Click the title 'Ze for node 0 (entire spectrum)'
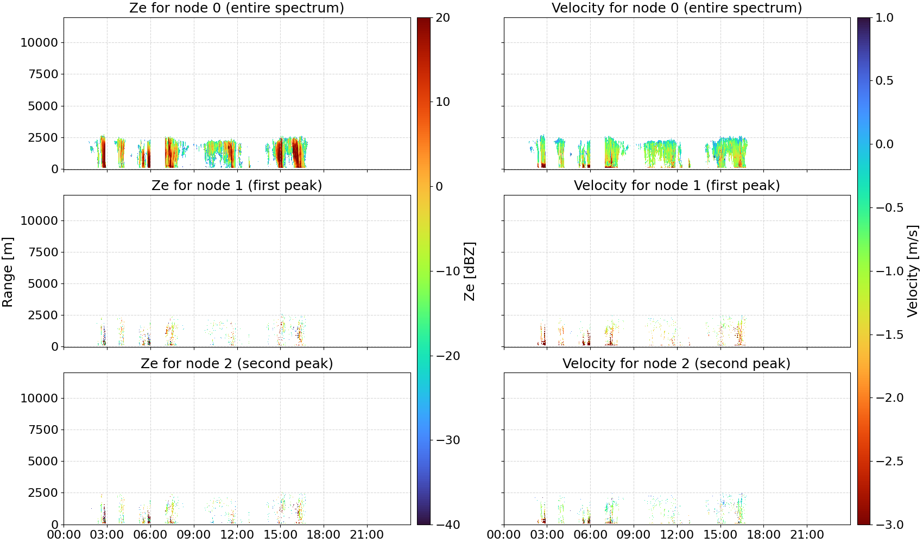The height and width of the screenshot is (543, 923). pyautogui.click(x=237, y=8)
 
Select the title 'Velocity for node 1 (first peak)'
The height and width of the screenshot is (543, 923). pyautogui.click(x=677, y=185)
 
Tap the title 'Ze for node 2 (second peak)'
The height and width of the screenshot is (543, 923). pyautogui.click(x=237, y=363)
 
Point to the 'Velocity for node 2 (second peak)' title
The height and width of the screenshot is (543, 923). pyautogui.click(x=677, y=363)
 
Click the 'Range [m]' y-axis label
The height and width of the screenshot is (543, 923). pyautogui.click(x=8, y=272)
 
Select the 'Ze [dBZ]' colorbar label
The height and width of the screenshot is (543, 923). pyautogui.click(x=470, y=271)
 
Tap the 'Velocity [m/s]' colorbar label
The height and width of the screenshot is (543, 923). pyautogui.click(x=913, y=271)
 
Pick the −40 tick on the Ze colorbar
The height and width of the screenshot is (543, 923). pyautogui.click(x=447, y=525)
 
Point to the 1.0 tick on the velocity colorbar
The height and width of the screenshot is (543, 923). pyautogui.click(x=884, y=18)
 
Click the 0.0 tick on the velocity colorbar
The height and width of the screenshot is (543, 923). pyautogui.click(x=884, y=144)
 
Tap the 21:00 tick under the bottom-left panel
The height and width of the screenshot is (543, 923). pyautogui.click(x=366, y=535)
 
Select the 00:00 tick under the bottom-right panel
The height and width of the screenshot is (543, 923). pyautogui.click(x=503, y=535)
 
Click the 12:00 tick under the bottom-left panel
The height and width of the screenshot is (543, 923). pyautogui.click(x=237, y=535)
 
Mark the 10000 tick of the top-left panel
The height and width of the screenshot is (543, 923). pyautogui.click(x=40, y=42)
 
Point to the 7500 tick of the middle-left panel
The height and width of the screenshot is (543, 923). pyautogui.click(x=43, y=252)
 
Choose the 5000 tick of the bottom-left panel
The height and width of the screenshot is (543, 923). pyautogui.click(x=43, y=461)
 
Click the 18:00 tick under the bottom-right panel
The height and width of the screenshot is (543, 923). pyautogui.click(x=763, y=535)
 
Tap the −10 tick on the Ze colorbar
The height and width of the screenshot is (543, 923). pyautogui.click(x=447, y=271)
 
